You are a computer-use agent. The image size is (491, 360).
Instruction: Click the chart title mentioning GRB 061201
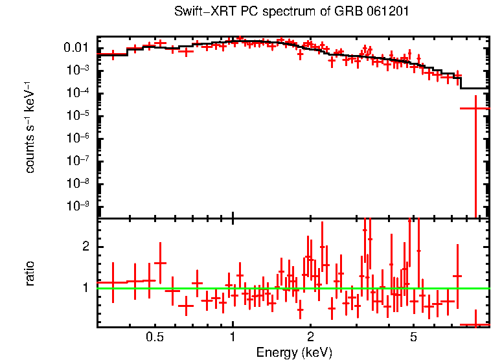click(291, 12)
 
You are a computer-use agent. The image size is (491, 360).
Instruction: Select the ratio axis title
click(30, 273)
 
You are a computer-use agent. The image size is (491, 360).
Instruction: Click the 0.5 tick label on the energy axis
click(154, 337)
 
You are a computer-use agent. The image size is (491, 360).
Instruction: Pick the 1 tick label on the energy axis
click(233, 337)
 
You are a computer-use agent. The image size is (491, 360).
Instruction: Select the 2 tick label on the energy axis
click(311, 337)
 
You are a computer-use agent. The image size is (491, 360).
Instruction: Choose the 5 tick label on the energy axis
click(414, 337)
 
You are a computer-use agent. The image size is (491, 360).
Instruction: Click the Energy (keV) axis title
click(294, 352)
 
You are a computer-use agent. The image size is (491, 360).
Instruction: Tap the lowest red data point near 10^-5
click(476, 108)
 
